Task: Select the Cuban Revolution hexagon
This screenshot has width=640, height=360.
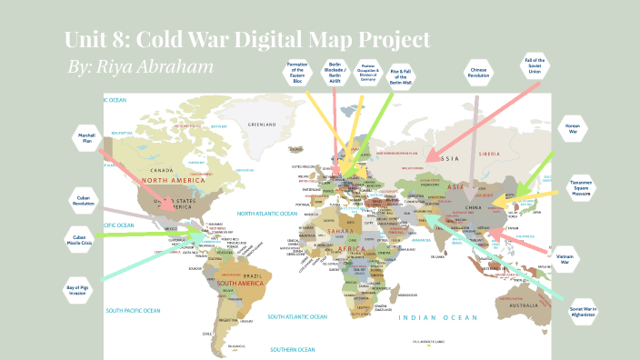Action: point(84,200)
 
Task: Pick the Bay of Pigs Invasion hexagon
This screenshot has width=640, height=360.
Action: point(78,289)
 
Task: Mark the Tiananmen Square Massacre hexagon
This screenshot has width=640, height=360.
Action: point(582,187)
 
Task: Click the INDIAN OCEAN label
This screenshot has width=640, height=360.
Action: point(438,316)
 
